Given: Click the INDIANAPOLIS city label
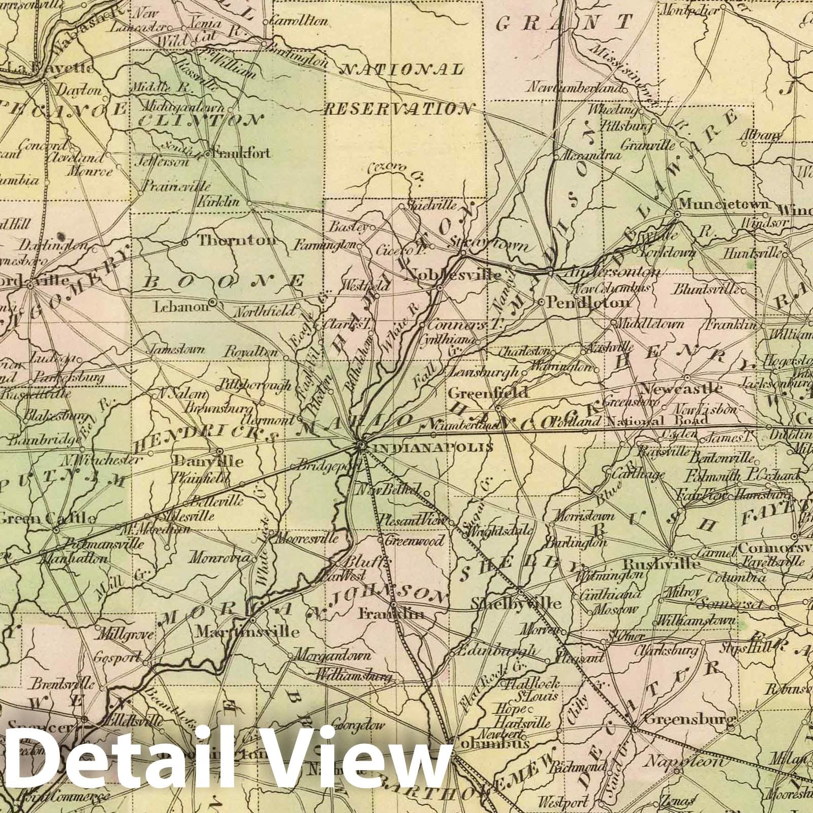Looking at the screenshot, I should coord(433,448).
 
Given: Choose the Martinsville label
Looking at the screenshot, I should coord(247,632).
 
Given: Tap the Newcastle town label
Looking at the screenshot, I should coord(681,389).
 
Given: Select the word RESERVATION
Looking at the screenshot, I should coord(397,109).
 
